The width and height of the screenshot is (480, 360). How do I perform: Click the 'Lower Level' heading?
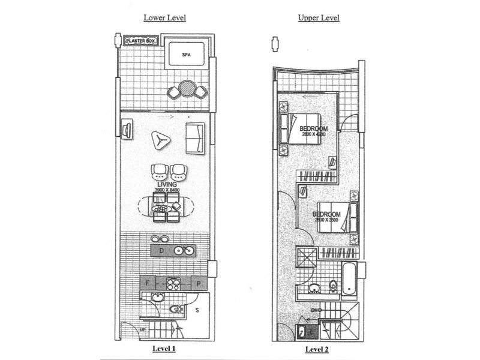pyautogui.click(x=164, y=17)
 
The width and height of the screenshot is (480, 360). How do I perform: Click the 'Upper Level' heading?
pyautogui.click(x=319, y=17)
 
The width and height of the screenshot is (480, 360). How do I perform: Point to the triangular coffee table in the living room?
pyautogui.click(x=160, y=140)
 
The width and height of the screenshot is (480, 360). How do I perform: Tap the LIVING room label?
pyautogui.click(x=165, y=185)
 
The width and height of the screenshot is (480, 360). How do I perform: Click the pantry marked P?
pyautogui.click(x=198, y=282)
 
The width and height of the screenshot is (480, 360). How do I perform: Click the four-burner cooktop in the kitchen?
pyautogui.click(x=173, y=282)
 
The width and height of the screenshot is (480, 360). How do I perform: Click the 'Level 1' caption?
pyautogui.click(x=163, y=348)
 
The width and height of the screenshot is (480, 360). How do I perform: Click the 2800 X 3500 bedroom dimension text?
pyautogui.click(x=327, y=220)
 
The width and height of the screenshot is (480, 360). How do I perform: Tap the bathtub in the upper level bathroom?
pyautogui.click(x=349, y=279)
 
